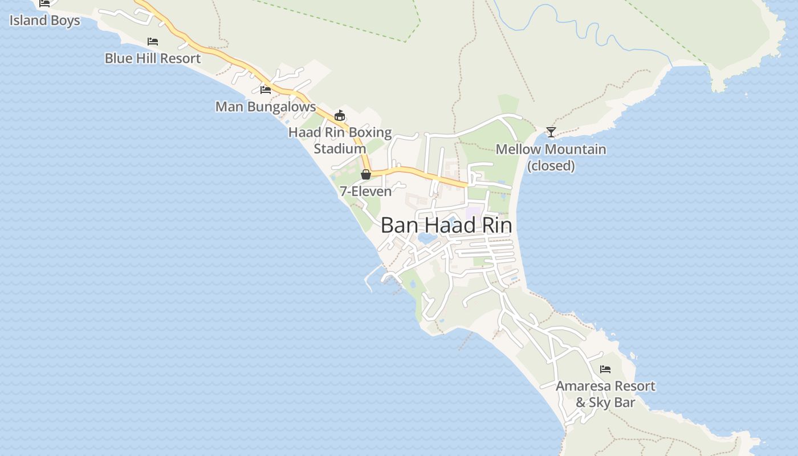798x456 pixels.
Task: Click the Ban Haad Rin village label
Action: tap(446, 226)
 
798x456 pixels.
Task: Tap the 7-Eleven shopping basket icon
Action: tap(366, 174)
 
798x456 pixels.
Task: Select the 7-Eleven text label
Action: tap(365, 192)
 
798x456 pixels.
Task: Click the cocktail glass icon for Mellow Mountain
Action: tap(551, 132)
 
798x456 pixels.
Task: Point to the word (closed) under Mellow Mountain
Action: tap(551, 166)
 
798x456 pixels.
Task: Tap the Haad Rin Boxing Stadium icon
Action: tap(340, 116)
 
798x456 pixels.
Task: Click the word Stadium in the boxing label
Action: tap(340, 149)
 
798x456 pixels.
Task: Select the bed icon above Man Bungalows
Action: tap(266, 89)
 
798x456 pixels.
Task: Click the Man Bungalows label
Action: tap(265, 107)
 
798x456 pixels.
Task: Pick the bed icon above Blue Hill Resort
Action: tap(153, 42)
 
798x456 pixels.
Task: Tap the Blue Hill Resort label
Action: tap(153, 58)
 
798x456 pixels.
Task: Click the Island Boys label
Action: tap(44, 21)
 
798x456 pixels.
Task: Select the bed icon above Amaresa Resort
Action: tap(605, 369)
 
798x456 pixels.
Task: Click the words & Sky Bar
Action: tap(605, 402)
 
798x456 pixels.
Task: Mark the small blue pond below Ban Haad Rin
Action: tap(425, 238)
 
